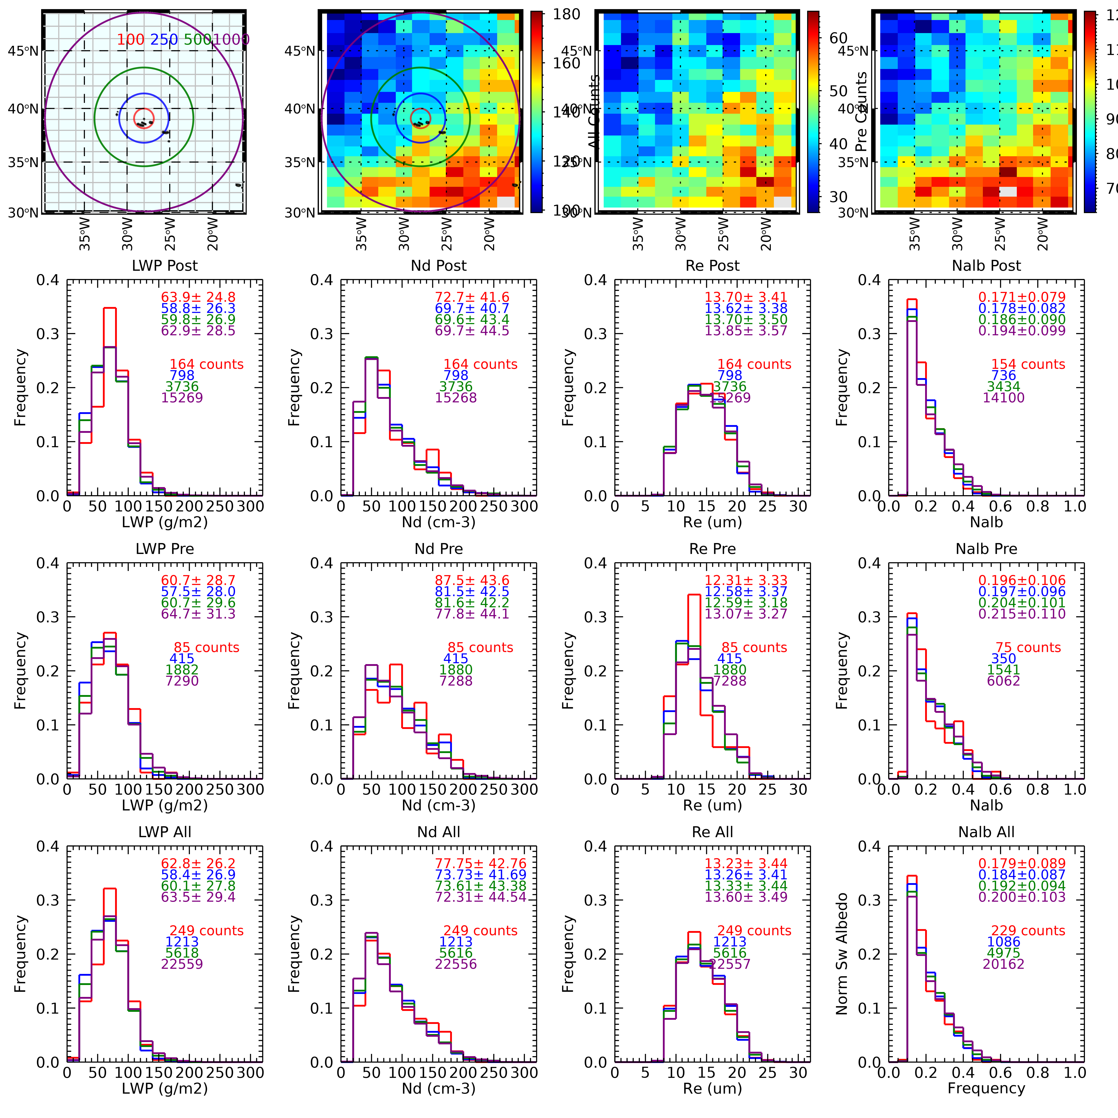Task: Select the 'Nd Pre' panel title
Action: coord(439,549)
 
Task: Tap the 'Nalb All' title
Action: coord(986,832)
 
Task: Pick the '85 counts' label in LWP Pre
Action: coord(206,647)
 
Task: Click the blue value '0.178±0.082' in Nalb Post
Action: coord(1021,308)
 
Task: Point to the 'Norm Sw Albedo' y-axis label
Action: coord(842,954)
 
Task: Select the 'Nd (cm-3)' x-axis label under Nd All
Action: coord(439,1089)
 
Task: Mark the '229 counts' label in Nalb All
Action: coord(1028,930)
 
